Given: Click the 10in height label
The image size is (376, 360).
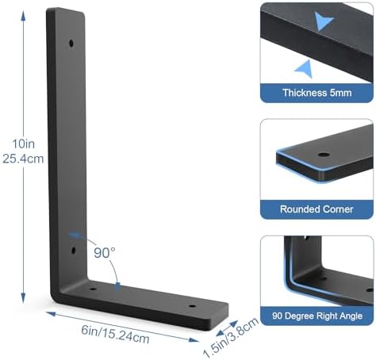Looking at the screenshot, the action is point(23,144).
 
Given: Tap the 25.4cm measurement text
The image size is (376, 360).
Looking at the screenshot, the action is point(23,159).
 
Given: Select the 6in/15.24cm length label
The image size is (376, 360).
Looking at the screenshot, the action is point(115,334).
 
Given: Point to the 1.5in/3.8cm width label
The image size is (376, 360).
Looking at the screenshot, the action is point(231,338).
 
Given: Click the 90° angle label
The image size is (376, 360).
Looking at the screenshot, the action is point(105,253).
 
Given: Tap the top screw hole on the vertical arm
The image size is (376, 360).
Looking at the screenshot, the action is point(71,43).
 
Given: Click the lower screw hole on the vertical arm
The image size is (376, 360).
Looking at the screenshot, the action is point(74,250).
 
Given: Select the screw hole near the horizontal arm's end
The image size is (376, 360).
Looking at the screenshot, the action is point(192,306).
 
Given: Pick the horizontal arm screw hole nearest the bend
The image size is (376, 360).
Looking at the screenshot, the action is point(93,289).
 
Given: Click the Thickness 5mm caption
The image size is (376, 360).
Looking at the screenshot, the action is point(317,93).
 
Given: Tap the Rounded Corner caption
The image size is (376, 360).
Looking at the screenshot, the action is point(317,209).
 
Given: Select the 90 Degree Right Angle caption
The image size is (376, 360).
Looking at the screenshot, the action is point(317,316).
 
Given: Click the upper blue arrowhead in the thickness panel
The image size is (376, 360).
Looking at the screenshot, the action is point(323,21).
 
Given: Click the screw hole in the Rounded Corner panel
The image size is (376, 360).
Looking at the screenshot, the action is point(322,155).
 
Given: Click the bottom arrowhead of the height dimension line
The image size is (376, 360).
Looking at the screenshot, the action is point(23,298).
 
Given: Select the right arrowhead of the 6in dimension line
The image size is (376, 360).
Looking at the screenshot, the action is point(194,340).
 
